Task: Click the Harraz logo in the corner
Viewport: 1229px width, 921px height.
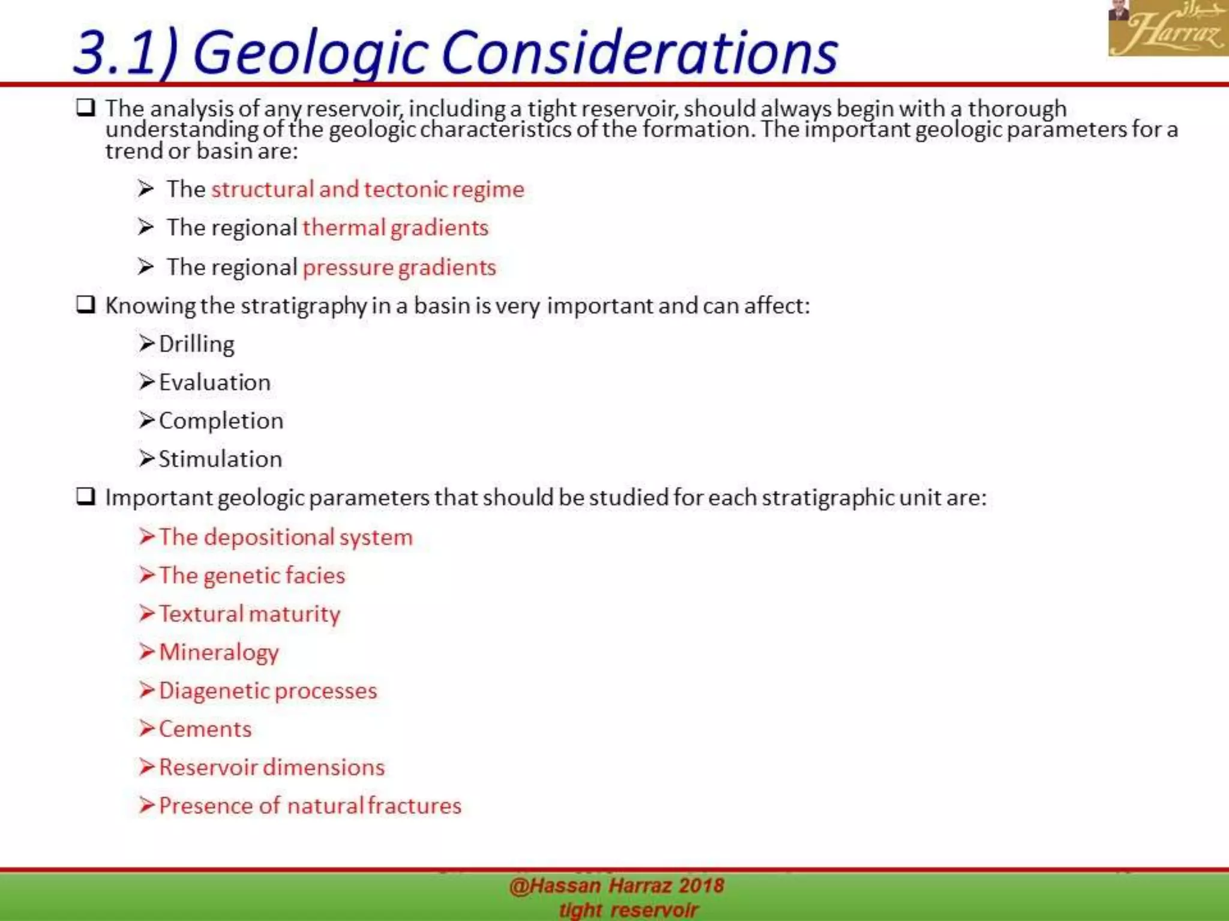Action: [1168, 28]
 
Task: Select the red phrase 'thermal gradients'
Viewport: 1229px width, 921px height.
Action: [395, 228]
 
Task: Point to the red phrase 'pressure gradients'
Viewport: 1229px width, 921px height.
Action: [399, 267]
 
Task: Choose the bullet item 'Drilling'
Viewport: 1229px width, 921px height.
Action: [196, 344]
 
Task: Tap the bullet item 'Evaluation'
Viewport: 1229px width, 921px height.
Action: [214, 383]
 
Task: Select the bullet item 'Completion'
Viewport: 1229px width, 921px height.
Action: [221, 421]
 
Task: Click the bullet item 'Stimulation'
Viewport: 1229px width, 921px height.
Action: [220, 459]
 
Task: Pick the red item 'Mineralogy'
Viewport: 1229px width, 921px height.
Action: [219, 652]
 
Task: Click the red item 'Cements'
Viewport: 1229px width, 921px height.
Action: [205, 729]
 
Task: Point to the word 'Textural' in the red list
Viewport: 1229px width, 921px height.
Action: [201, 614]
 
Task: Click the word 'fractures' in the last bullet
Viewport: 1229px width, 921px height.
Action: [415, 806]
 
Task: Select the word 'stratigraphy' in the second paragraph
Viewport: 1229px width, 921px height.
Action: [304, 306]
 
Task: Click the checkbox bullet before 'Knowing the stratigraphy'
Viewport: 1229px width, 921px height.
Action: [85, 305]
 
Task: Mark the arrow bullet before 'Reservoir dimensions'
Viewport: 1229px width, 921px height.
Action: [146, 767]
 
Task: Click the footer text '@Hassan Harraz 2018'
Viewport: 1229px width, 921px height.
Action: [616, 886]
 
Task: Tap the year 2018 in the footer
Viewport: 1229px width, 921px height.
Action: [702, 886]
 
